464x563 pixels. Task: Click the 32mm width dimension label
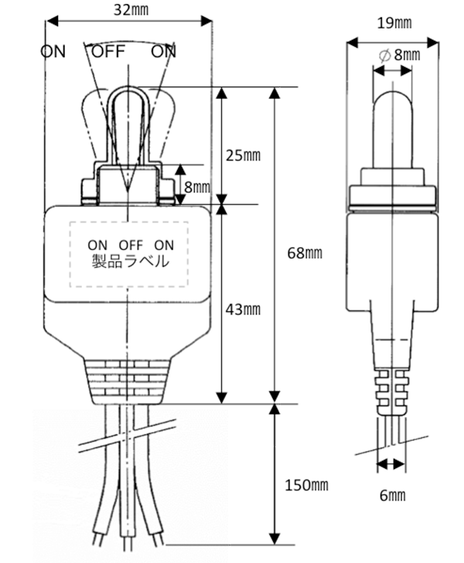(131, 10)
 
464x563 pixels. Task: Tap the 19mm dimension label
(394, 23)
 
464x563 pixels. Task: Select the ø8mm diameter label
(399, 55)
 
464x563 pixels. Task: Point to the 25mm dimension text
(243, 155)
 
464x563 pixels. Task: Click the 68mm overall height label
(305, 253)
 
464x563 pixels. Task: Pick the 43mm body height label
(243, 310)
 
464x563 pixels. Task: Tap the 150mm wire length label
(306, 485)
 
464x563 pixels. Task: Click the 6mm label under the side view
(393, 496)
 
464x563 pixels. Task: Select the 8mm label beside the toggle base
(197, 187)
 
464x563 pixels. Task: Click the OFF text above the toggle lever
(108, 52)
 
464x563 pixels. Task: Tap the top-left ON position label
(53, 52)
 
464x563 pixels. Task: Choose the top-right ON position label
(163, 52)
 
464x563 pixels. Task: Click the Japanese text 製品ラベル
(130, 261)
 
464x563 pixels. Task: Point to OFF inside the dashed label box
(131, 246)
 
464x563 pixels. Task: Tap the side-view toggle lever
(393, 128)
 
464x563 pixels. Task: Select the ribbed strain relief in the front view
(128, 382)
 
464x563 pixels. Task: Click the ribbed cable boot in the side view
(392, 392)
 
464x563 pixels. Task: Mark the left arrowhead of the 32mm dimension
(52, 21)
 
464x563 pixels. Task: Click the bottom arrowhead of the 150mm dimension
(275, 539)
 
